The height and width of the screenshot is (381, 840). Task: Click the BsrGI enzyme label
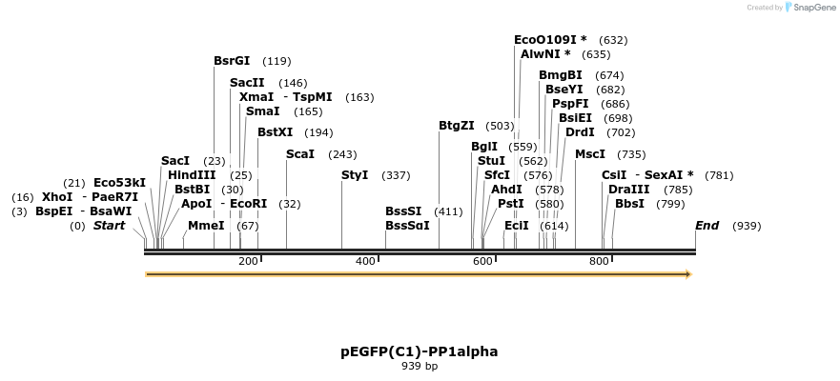[232, 61]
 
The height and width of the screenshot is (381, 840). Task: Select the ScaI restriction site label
[300, 154]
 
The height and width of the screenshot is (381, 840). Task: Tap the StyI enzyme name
[355, 175]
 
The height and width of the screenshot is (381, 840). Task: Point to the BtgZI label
[457, 126]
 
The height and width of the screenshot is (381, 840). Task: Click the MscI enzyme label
[590, 154]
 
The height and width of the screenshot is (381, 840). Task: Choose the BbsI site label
[629, 204]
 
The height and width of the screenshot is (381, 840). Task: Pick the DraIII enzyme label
[629, 190]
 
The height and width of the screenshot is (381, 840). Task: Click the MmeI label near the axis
[206, 226]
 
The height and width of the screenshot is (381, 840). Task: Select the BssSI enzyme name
[403, 211]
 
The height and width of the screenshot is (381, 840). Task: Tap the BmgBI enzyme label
[560, 75]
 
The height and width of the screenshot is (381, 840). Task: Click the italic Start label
[109, 226]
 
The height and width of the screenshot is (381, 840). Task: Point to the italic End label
[707, 226]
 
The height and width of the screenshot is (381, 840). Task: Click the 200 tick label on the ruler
[248, 261]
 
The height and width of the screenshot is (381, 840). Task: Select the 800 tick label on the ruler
[599, 261]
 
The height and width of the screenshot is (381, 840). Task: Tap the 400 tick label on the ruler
[365, 261]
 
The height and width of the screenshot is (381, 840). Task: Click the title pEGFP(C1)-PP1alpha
[420, 351]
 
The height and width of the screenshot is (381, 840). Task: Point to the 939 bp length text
[420, 366]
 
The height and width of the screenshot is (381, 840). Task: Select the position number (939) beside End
[747, 226]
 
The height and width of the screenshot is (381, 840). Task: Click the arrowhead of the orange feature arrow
[686, 274]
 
